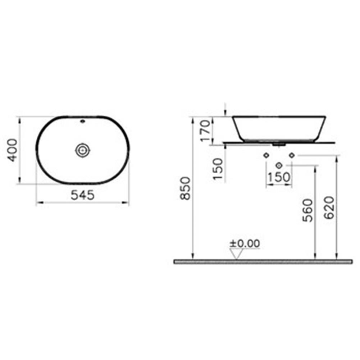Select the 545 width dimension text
(x=82, y=195)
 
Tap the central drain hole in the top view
(x=82, y=150)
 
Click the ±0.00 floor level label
(x=245, y=243)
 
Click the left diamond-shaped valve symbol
(x=266, y=155)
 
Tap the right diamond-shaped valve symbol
(x=292, y=155)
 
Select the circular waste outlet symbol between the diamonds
(x=279, y=165)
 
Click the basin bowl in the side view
(x=279, y=128)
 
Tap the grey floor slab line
(x=263, y=261)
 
